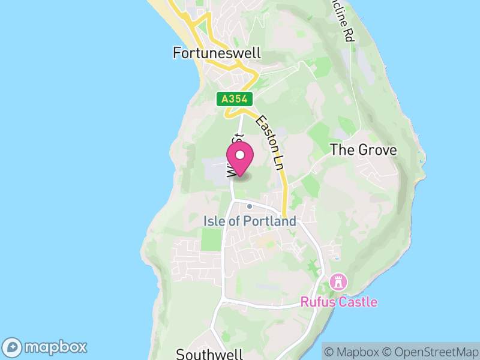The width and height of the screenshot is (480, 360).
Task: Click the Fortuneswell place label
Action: point(217,53)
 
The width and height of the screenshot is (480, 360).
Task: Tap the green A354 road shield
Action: point(235,99)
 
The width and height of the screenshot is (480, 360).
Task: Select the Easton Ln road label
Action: point(269,142)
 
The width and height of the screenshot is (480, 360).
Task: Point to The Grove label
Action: point(364,150)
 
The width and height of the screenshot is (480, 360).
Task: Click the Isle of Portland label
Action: point(250,221)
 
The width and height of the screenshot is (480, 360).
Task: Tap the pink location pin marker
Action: point(240,160)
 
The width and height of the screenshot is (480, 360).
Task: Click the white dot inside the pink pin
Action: point(240,155)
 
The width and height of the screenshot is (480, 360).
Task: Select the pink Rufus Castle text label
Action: point(340,301)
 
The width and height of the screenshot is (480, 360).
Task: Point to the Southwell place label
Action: point(209,354)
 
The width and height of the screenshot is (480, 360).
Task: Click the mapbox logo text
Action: point(56,347)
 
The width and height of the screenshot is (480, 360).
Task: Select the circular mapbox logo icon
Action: point(13,347)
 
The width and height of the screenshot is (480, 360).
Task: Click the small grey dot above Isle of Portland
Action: point(250,206)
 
